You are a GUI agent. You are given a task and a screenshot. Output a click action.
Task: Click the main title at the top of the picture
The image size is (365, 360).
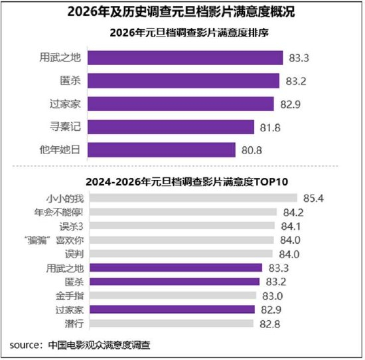pos(182,12)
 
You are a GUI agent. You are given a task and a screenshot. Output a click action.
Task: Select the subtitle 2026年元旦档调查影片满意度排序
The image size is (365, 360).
pos(182,33)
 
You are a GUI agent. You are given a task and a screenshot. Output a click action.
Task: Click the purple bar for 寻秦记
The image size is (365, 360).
pos(171,126)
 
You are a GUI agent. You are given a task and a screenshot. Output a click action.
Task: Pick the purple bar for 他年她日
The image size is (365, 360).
pos(161,149)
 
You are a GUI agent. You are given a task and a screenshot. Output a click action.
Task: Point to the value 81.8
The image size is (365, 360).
pos(270,126)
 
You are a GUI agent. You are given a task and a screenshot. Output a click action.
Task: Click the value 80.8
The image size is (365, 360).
pos(252,149)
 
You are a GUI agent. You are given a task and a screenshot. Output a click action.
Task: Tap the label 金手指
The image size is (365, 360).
pos(68,296)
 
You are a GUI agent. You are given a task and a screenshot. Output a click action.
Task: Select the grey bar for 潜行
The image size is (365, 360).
pos(170,323)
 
